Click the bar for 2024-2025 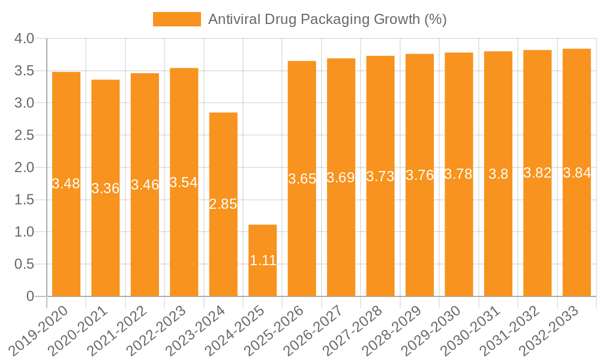(263, 260)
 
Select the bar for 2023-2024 (223, 204)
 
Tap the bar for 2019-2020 (66, 184)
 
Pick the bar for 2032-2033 (577, 173)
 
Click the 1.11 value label (263, 260)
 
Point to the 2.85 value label (223, 204)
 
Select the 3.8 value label (498, 174)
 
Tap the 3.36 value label (106, 188)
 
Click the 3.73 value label (380, 176)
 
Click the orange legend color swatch (177, 19)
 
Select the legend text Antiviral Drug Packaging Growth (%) (327, 19)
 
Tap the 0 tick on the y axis (30, 296)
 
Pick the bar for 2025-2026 (302, 179)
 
